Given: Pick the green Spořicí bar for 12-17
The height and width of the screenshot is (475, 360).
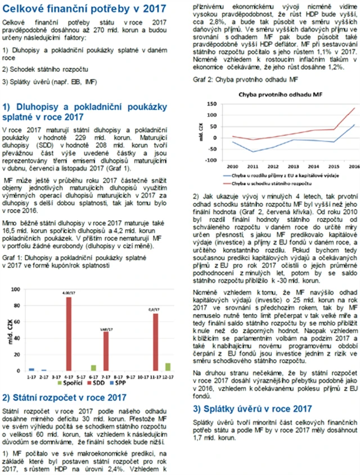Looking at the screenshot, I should (168, 367).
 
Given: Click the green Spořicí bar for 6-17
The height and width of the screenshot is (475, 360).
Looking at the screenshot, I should (93, 368).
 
